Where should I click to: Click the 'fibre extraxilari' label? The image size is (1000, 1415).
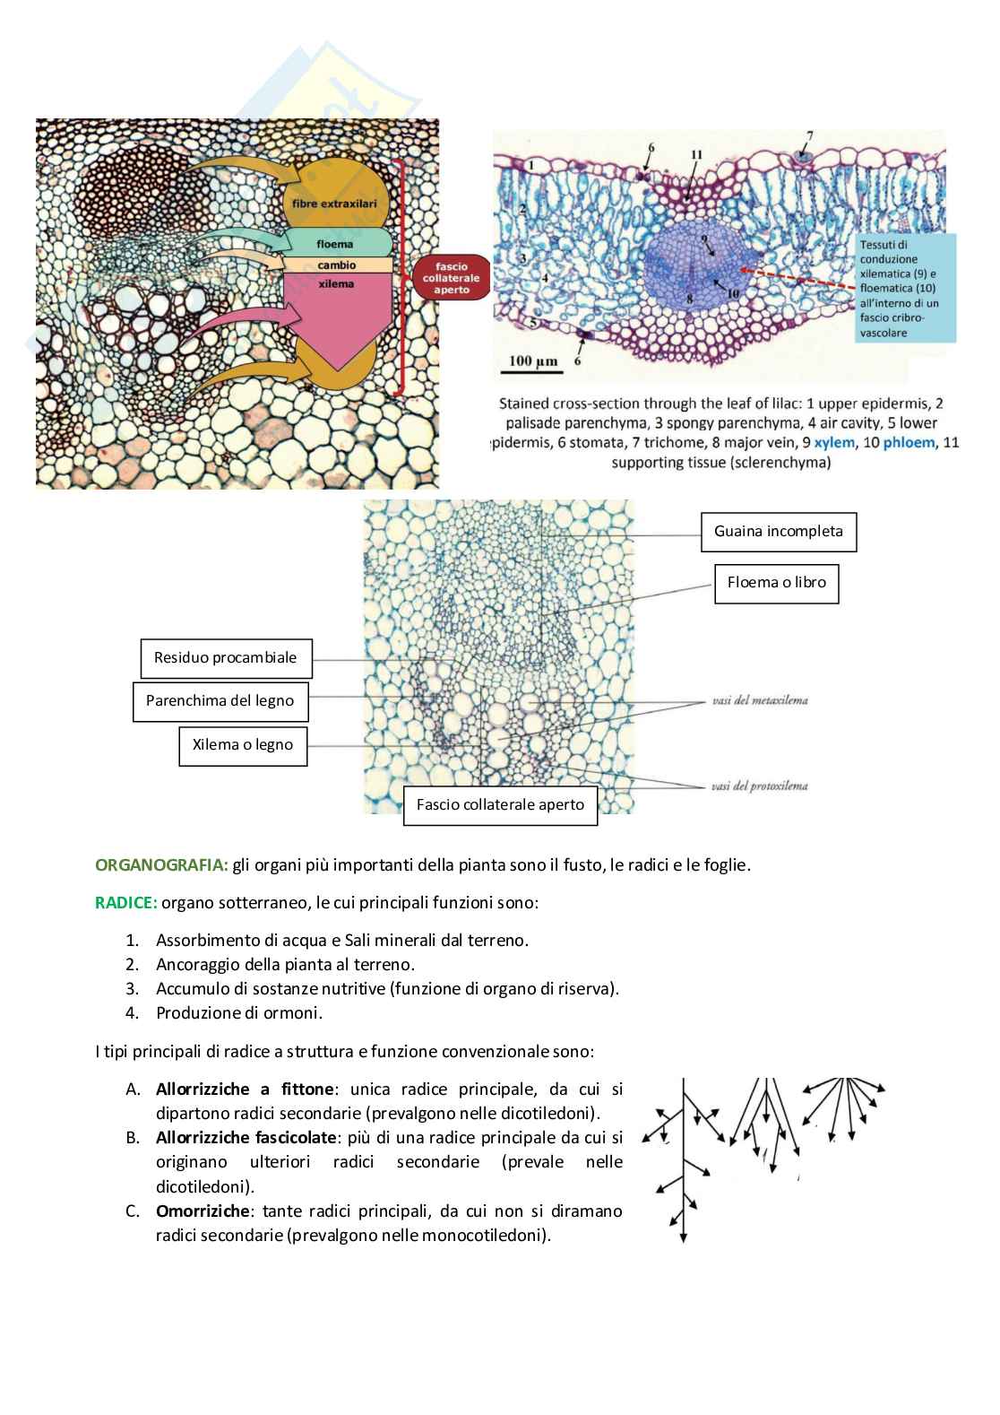(335, 204)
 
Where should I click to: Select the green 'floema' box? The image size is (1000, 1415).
(335, 243)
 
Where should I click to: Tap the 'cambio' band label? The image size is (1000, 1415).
(336, 265)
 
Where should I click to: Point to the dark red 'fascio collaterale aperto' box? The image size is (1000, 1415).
(452, 278)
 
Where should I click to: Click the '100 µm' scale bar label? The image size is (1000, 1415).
(533, 361)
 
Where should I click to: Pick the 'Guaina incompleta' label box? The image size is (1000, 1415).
(778, 531)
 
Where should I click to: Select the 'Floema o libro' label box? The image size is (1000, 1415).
(776, 582)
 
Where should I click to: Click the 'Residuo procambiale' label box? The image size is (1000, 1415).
(225, 657)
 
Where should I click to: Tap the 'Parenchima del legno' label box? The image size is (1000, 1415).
(220, 700)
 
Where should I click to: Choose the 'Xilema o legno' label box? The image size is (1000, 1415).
(242, 744)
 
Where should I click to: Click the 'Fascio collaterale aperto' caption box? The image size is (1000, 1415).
(500, 804)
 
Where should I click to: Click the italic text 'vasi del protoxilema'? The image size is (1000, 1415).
(760, 786)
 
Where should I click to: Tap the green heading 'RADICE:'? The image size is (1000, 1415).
(125, 902)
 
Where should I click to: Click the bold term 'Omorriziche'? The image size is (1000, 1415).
(203, 1211)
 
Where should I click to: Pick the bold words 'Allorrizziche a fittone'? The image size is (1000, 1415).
(245, 1089)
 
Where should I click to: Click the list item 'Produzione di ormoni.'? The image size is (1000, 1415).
(239, 1012)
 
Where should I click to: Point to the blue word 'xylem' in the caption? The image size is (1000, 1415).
(833, 442)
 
